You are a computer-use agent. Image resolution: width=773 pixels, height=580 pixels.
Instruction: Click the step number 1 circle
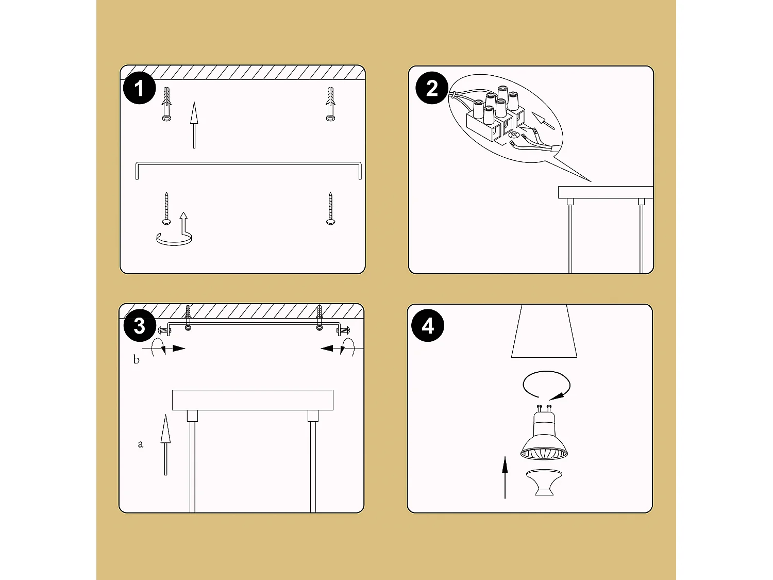coord(139,88)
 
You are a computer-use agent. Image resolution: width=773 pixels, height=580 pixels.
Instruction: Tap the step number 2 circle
coord(432,88)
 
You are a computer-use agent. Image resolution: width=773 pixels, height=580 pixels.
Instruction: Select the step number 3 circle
coord(139,326)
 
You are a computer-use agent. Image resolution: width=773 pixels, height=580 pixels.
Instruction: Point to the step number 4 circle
coord(428,326)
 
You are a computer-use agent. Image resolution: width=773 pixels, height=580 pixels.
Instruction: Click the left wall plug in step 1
coord(166,104)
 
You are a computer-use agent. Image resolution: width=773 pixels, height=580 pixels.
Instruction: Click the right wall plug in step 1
coord(330,104)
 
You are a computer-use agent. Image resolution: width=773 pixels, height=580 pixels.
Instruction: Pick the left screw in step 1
coord(166,209)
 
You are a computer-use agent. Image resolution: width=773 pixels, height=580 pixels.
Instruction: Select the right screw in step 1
coord(330,209)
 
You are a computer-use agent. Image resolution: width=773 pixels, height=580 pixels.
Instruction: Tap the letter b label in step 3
coord(137,360)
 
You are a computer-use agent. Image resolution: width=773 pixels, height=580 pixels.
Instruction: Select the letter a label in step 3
coord(140,444)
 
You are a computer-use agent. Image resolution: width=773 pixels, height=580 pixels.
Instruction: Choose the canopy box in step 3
coord(253,400)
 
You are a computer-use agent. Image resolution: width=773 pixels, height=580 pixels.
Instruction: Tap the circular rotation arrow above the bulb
coord(546,385)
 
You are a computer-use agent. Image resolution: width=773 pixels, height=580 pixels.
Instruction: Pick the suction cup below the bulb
coord(544,483)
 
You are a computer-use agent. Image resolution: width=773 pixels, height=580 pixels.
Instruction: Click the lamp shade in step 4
coord(544,331)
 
